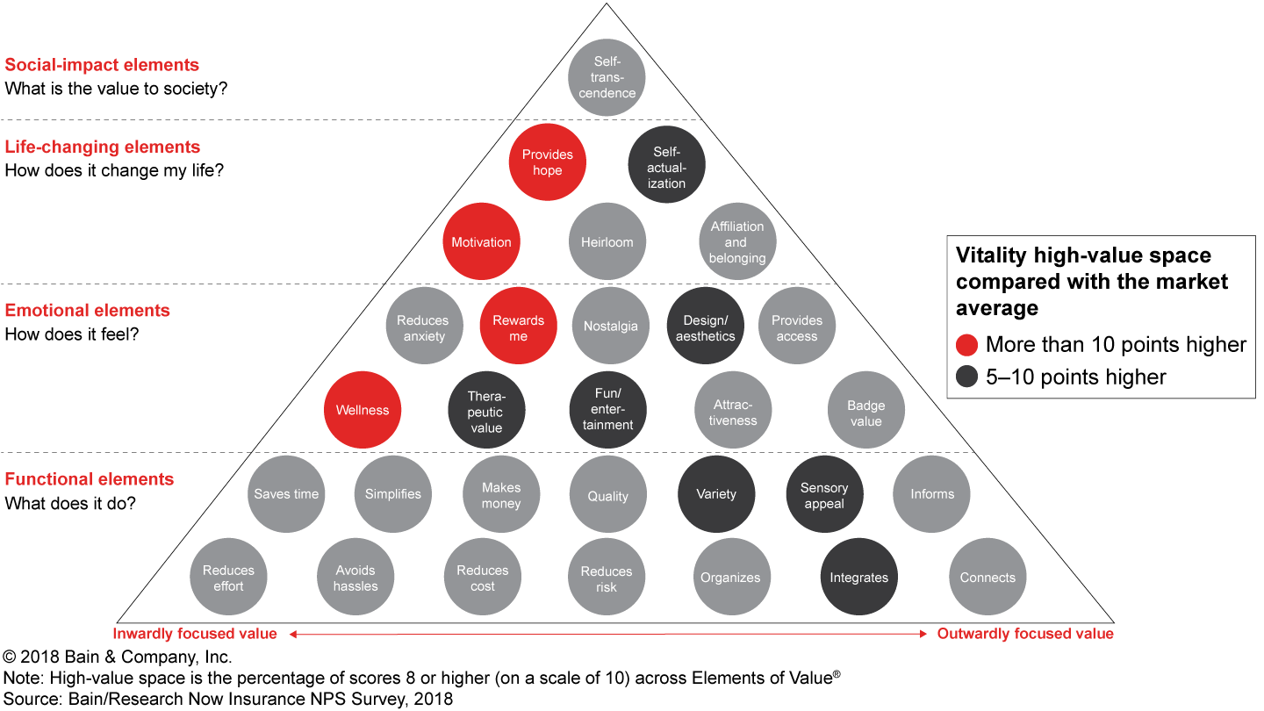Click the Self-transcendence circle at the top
(x=607, y=77)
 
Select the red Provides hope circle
(x=547, y=162)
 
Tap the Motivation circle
(x=481, y=241)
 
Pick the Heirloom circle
(x=607, y=241)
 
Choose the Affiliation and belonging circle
(x=737, y=241)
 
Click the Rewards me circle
(x=518, y=327)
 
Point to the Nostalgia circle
(x=610, y=326)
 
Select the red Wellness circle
(x=363, y=410)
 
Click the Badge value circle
(x=865, y=413)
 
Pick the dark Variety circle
(x=716, y=494)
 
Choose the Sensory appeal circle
(x=824, y=495)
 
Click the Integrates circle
(x=859, y=577)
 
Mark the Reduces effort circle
(x=228, y=578)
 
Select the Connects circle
(x=987, y=577)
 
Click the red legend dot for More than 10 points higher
(x=967, y=345)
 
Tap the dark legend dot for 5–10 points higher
(x=967, y=377)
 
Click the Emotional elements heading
(x=88, y=310)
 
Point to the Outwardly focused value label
(x=1025, y=634)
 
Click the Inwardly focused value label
(x=195, y=634)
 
